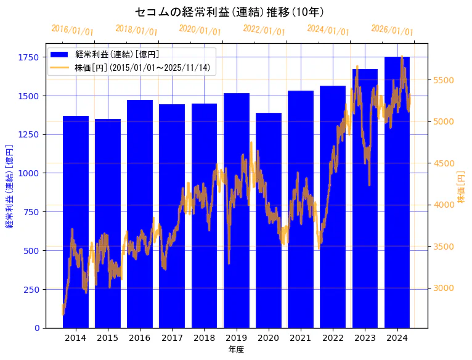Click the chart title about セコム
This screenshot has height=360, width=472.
click(229, 12)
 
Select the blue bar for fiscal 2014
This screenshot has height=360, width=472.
click(76, 222)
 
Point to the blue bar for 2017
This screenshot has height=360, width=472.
click(172, 216)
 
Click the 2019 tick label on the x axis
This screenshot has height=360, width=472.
click(237, 338)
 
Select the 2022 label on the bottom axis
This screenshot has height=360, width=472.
click(333, 338)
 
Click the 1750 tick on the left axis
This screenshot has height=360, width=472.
click(28, 57)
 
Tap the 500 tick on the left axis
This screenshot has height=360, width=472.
click(31, 251)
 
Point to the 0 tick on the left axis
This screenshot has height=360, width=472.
click(37, 328)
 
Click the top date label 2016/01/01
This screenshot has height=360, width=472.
click(72, 30)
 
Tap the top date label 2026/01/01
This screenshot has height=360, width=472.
click(392, 30)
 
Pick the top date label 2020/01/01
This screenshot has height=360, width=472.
click(200, 30)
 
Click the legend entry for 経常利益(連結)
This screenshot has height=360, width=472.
click(117, 54)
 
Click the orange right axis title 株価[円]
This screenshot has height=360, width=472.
click(461, 187)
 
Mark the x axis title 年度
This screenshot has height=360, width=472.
click(236, 350)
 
